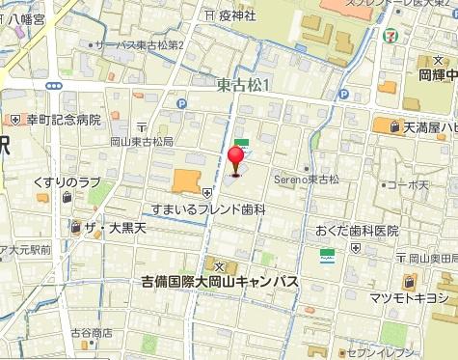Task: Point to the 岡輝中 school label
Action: tap(437, 71)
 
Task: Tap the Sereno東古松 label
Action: tap(309, 179)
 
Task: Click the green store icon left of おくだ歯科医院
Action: tap(328, 256)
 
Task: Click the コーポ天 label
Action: tap(405, 183)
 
